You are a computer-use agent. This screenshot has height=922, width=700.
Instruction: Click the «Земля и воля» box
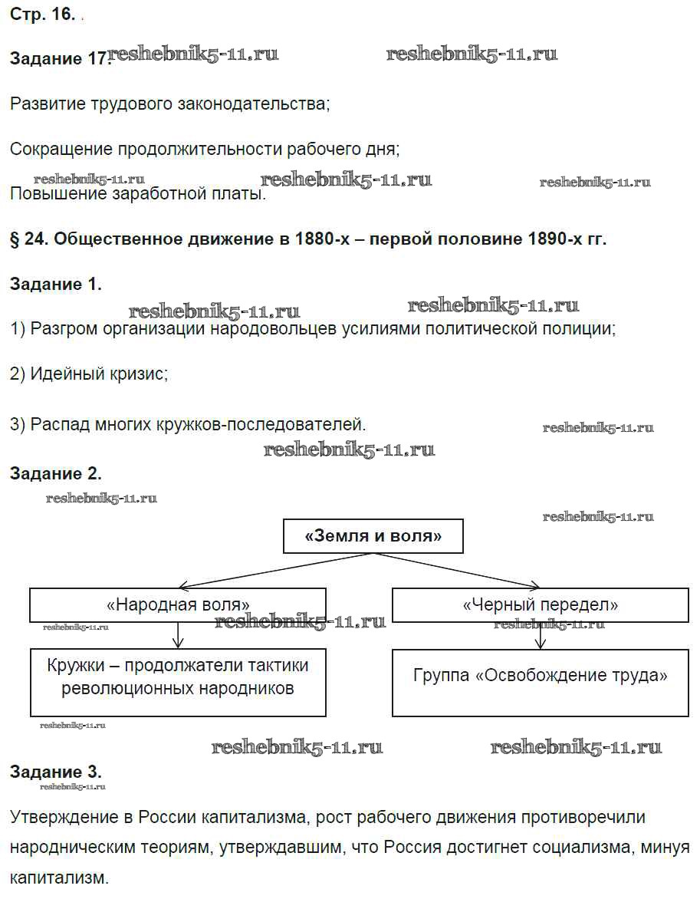[373, 536]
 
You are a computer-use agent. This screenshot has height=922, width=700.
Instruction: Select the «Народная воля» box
[177, 604]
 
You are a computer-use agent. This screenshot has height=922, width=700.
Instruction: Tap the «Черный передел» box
[541, 604]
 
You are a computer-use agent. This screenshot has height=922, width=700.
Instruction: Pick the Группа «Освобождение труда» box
[541, 683]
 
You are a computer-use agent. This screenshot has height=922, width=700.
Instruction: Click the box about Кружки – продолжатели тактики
[177, 683]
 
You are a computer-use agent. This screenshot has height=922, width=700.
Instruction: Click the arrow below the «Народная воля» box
[178, 635]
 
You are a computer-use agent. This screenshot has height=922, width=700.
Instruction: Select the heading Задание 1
[55, 285]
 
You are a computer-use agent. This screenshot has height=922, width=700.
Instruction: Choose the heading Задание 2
[55, 474]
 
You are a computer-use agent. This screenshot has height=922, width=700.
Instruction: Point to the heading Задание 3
[55, 772]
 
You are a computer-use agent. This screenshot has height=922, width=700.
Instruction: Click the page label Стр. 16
[42, 16]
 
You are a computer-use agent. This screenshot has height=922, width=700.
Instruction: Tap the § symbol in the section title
[15, 239]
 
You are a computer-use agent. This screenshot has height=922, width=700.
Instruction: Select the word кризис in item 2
[141, 375]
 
